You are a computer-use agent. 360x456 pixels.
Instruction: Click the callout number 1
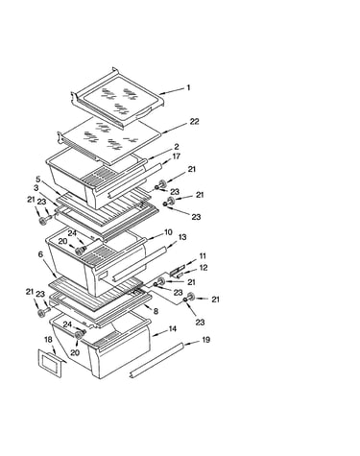(x=188, y=87)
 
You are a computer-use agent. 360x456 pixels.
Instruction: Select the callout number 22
(x=194, y=122)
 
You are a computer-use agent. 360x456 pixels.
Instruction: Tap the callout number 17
(x=176, y=156)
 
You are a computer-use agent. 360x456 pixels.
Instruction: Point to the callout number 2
(x=177, y=147)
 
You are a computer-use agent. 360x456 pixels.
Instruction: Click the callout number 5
(x=38, y=180)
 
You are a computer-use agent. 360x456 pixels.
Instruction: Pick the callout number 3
(x=36, y=187)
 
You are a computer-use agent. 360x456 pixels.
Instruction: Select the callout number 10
(x=168, y=232)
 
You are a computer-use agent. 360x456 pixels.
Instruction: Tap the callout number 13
(x=182, y=237)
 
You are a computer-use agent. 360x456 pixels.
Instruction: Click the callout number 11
(x=203, y=256)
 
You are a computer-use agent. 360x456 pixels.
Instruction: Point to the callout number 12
(x=204, y=267)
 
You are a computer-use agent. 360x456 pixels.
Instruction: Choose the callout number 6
(x=40, y=254)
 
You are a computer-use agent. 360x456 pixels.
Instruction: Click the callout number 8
(x=156, y=311)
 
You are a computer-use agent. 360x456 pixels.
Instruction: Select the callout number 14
(x=173, y=329)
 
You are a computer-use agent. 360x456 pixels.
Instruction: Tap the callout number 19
(x=206, y=340)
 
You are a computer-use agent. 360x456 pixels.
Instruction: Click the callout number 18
(x=48, y=340)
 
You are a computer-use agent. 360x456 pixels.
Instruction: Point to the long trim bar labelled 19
(x=156, y=360)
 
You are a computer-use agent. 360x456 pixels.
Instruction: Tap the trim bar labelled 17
(x=134, y=180)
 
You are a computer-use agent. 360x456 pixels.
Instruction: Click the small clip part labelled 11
(x=178, y=270)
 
